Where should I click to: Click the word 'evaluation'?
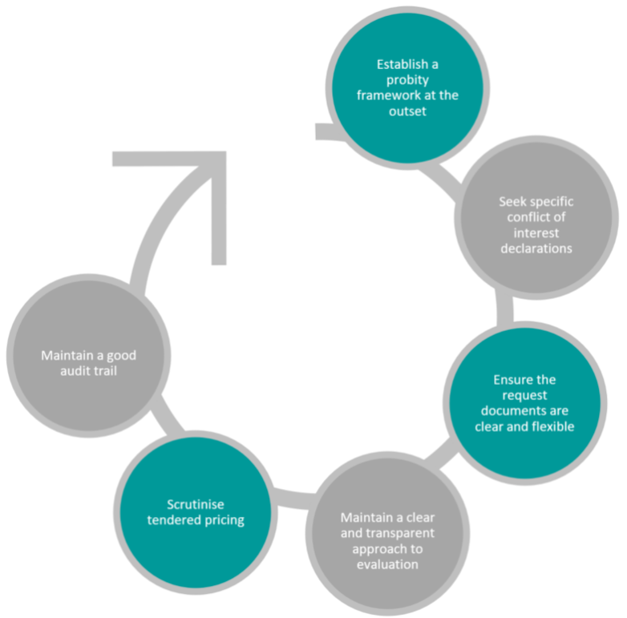coord(387,564)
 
